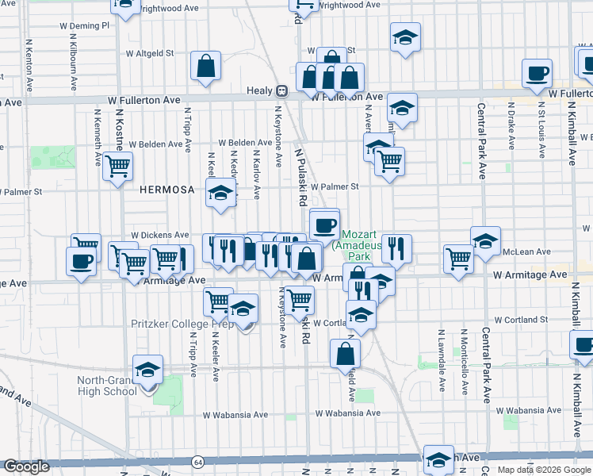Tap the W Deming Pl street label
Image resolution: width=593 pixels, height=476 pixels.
(x=84, y=25)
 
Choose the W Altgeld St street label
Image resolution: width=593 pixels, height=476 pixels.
(x=150, y=54)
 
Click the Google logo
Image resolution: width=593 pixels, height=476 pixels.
(x=26, y=466)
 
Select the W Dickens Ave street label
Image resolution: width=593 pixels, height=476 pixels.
(x=160, y=236)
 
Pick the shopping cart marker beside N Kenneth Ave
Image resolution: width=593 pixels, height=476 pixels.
(x=118, y=167)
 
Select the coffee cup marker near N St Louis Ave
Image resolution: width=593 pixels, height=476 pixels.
(x=538, y=74)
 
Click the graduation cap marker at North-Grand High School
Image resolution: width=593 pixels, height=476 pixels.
(x=147, y=370)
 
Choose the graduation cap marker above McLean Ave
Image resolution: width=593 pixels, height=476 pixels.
(x=485, y=240)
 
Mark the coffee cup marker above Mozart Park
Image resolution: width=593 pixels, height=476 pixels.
(x=323, y=225)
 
